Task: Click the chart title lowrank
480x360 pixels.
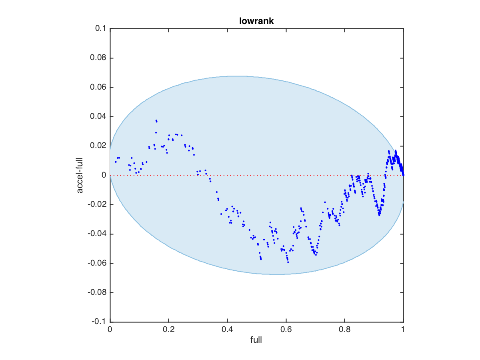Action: click(x=256, y=21)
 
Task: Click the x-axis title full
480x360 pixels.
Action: click(x=256, y=340)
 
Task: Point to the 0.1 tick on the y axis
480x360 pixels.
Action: click(x=100, y=29)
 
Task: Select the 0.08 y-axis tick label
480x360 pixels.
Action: click(x=98, y=58)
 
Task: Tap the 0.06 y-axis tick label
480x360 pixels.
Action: click(x=98, y=87)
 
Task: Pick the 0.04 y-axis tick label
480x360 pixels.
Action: click(x=98, y=117)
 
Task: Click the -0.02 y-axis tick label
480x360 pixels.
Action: click(x=97, y=204)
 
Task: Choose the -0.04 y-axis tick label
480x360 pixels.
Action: click(x=97, y=234)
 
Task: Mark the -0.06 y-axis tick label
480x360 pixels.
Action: click(x=97, y=263)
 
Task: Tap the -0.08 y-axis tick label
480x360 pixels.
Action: click(x=97, y=292)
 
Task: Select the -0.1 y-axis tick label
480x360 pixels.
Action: click(x=99, y=322)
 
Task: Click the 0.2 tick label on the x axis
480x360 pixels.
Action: click(x=168, y=330)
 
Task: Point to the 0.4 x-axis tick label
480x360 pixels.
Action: click(x=227, y=330)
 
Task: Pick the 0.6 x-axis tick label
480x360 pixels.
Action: click(x=286, y=330)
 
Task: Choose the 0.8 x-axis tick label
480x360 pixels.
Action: click(x=345, y=330)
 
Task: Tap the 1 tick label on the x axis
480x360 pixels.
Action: click(x=403, y=330)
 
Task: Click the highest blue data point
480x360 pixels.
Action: click(x=156, y=120)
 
